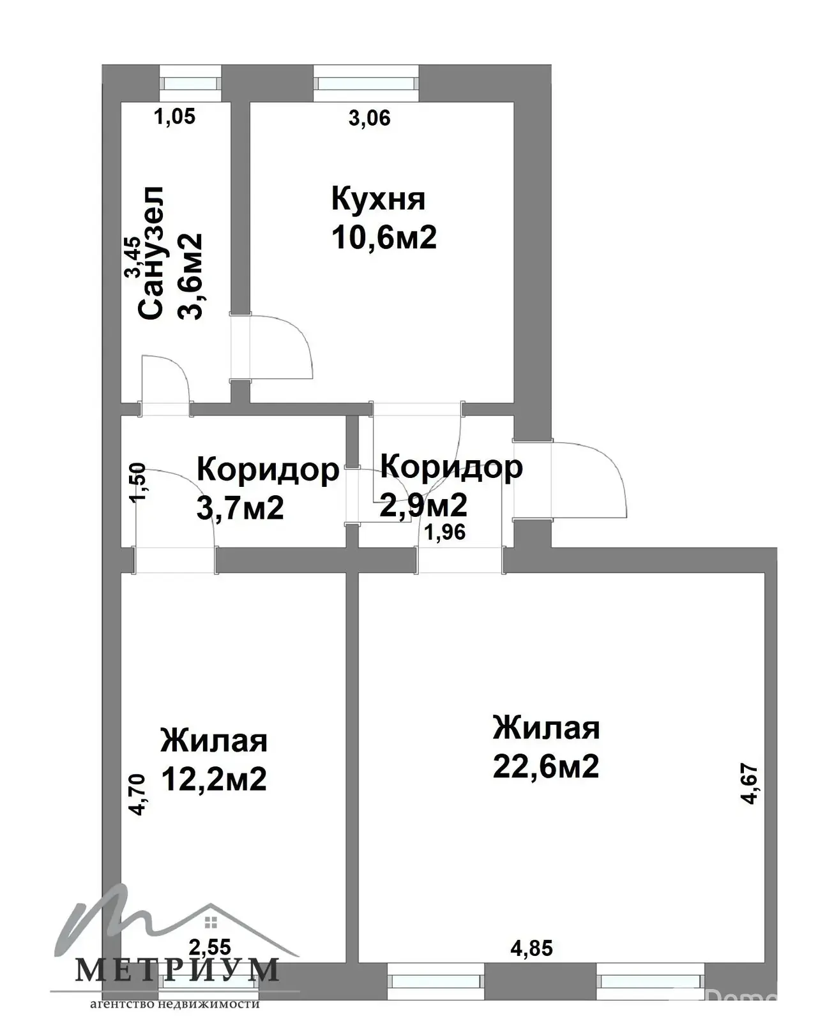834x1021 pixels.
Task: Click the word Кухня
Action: click(x=378, y=199)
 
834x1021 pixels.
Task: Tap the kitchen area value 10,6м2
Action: click(x=384, y=237)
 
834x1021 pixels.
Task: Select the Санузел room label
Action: click(x=151, y=253)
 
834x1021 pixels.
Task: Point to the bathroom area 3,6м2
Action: click(x=190, y=276)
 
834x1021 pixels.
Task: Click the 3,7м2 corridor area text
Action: click(x=240, y=509)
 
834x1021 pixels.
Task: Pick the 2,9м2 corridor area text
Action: click(x=423, y=505)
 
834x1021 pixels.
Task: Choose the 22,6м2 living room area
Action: click(x=545, y=766)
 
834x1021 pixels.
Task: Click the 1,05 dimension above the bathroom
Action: click(x=174, y=117)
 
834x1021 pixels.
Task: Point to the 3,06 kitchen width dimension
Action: click(x=369, y=118)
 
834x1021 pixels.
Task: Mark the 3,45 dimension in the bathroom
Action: click(x=133, y=257)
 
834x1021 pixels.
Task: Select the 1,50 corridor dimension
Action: click(x=137, y=482)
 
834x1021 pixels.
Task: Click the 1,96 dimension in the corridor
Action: click(x=445, y=533)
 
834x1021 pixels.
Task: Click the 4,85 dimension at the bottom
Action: click(x=531, y=948)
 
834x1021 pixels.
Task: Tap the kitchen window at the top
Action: click(x=366, y=83)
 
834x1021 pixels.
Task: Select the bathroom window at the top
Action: click(x=190, y=83)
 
